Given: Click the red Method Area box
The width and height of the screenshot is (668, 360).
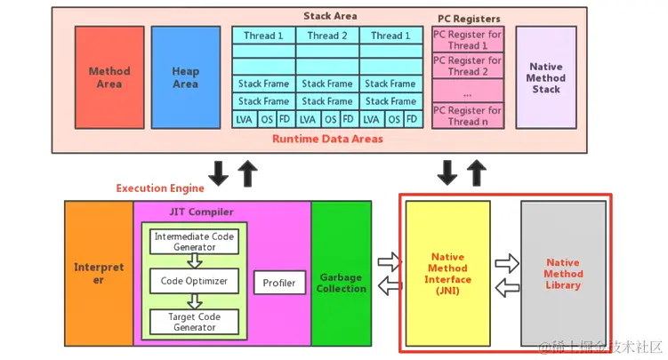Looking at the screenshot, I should click(x=109, y=77).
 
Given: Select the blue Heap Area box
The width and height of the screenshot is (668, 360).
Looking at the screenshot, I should click(x=185, y=77).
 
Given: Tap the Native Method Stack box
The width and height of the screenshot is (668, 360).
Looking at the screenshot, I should click(x=546, y=77).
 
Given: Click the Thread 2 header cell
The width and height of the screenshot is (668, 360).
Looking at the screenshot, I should click(x=327, y=36).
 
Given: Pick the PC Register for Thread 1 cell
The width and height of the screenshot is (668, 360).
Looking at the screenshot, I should click(x=468, y=39).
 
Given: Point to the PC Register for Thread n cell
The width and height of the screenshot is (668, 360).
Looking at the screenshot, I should click(x=468, y=116).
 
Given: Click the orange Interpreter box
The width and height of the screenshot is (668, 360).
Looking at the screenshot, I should click(x=99, y=273).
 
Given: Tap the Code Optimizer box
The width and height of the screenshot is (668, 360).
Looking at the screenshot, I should click(x=194, y=281).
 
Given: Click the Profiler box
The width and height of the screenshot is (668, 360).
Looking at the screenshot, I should click(x=278, y=284).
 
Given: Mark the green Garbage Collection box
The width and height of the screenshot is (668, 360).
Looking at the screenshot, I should click(x=342, y=283).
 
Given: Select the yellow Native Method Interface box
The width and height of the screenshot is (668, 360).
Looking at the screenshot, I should click(x=447, y=273).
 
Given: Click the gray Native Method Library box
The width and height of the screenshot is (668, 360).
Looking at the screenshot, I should click(x=563, y=273).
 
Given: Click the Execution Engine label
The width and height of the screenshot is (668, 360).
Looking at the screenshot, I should click(x=160, y=188).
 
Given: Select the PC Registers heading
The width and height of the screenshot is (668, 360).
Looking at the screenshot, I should click(x=469, y=19).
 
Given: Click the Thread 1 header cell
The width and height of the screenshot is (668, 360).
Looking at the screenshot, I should click(x=264, y=36).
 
